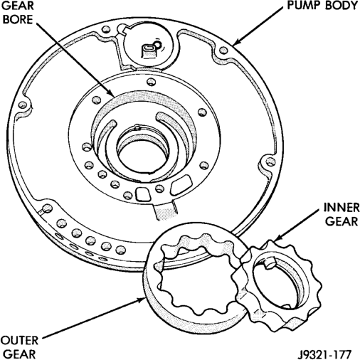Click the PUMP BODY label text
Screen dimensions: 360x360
[322, 6]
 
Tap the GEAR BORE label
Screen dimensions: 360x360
[18, 13]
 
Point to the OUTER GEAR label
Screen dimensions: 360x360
[19, 348]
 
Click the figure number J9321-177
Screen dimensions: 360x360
[324, 355]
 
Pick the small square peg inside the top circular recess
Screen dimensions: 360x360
[149, 51]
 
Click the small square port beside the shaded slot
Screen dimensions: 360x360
[143, 194]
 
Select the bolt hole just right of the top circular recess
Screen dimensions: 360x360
[223, 51]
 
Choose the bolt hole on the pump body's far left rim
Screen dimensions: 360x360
[23, 105]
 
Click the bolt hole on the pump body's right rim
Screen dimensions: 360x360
[270, 162]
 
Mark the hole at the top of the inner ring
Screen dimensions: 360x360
[151, 82]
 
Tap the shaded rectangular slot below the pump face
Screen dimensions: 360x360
[165, 211]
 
